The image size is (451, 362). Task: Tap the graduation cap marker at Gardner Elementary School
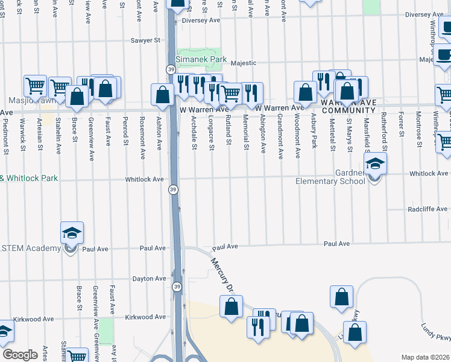coord(375,164)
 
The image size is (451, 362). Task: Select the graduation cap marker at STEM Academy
coord(71,233)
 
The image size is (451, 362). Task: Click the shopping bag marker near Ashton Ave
coord(162,95)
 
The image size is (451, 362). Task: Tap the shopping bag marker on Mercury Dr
coord(231,307)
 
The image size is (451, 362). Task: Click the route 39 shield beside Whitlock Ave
coord(173,189)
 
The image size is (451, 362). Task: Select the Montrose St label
coord(417,135)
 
